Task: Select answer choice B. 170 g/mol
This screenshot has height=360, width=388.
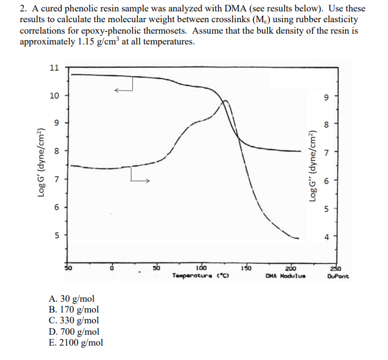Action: click(76, 310)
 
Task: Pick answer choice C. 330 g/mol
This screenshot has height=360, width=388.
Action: click(76, 320)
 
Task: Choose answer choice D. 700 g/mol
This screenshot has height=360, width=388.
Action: click(76, 331)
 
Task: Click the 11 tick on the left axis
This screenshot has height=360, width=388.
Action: click(54, 68)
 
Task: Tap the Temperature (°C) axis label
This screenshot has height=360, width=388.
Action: click(198, 275)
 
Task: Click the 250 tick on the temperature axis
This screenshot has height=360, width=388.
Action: click(336, 267)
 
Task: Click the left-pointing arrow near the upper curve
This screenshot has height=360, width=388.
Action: click(123, 90)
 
